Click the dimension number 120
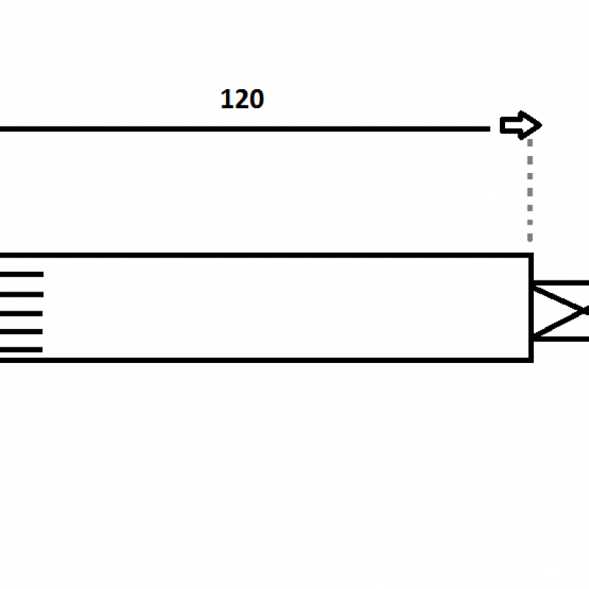coord(242,99)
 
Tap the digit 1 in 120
coord(227,99)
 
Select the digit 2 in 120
coord(241,99)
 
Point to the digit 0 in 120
coord(257,99)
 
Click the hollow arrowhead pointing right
coord(521,125)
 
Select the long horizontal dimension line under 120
coord(245,129)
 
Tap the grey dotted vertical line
coord(529,191)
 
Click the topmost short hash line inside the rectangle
coord(22,274)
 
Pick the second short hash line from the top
coord(22,294)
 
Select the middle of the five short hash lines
coord(21,314)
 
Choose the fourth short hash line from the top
coord(21,331)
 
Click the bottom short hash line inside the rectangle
coord(21,349)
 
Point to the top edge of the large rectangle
coord(267,255)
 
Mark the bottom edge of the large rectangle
coord(267,360)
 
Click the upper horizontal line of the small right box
coord(561,283)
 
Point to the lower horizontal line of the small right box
coord(561,339)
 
